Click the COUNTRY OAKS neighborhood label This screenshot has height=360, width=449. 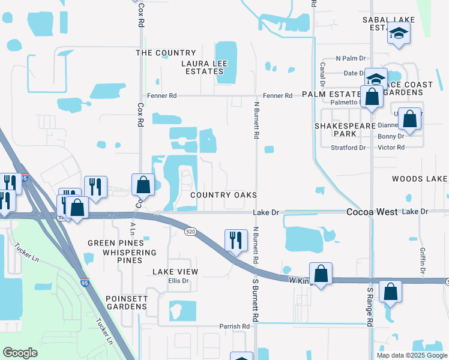click(x=223, y=195)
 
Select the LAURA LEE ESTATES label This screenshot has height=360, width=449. click(x=203, y=67)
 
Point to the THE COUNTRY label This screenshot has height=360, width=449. click(x=166, y=53)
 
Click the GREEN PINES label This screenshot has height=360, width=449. click(x=116, y=243)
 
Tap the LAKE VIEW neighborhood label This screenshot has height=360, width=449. click(x=175, y=272)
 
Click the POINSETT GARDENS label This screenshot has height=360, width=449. click(x=126, y=302)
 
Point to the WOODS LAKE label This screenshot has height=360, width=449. click(x=420, y=179)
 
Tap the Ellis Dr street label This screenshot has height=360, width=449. click(x=178, y=281)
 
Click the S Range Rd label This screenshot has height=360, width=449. click(x=370, y=307)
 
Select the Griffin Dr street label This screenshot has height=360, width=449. click(x=423, y=263)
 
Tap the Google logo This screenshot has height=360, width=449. click(x=20, y=353)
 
